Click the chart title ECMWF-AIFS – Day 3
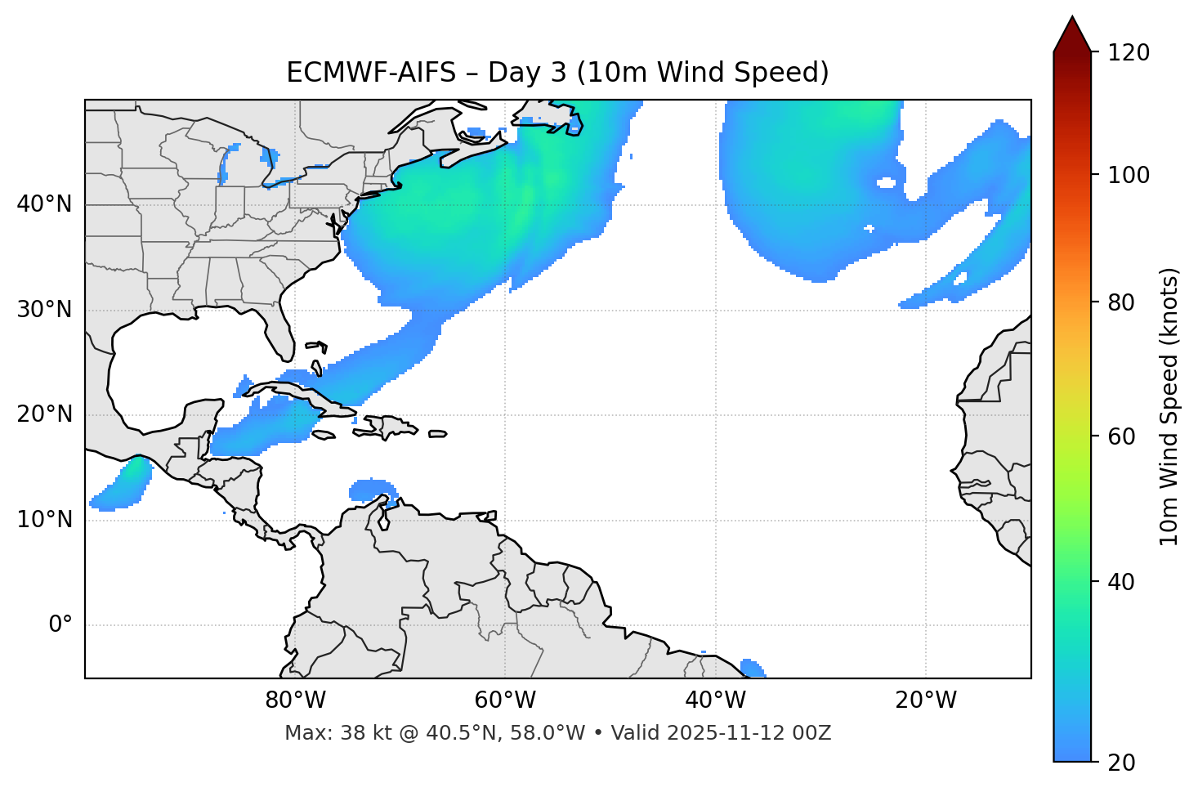coord(557,73)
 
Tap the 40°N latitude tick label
coord(44,204)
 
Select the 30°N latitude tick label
coord(44,310)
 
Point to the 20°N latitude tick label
coord(44,414)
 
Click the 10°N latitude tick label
coord(44,520)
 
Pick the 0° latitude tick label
coord(60,625)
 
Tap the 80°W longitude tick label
coord(295,700)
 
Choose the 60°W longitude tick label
coord(505,700)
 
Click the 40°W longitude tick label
coord(715,700)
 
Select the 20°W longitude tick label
coord(925,700)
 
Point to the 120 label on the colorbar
coord(1129,53)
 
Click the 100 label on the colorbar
coord(1129,175)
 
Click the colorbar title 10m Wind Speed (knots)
coord(1170,406)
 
